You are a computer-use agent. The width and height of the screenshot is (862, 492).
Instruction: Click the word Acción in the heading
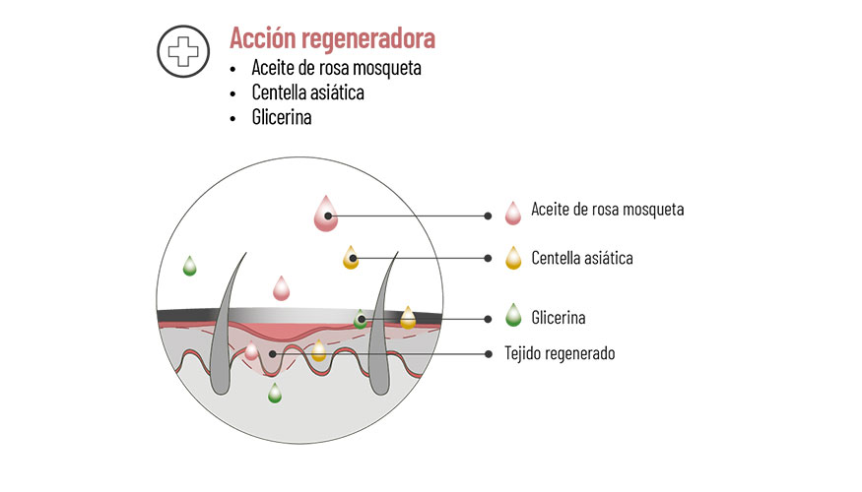coord(261,38)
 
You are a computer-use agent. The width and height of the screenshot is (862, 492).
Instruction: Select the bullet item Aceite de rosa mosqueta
coord(336,69)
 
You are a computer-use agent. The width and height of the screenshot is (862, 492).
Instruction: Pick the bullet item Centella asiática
coord(308,93)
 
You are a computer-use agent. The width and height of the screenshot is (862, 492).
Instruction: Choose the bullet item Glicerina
coord(282,117)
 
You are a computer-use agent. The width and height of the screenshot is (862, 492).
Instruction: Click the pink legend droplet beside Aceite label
coord(511,212)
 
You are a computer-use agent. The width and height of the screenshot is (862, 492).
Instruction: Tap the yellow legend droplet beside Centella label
coord(511,258)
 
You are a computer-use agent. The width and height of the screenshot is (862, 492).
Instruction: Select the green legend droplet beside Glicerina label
coord(511,316)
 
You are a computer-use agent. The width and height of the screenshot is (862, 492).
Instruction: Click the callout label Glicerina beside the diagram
coord(558,318)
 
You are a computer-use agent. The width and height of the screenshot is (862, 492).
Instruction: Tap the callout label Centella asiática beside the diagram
coord(581,259)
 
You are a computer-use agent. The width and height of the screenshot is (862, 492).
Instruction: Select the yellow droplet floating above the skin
coord(351,258)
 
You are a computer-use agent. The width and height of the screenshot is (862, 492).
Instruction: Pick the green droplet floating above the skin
coord(189,266)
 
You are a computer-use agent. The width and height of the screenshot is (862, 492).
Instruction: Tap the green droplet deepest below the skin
coord(275,394)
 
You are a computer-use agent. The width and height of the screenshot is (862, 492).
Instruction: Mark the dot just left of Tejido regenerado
coord(488,352)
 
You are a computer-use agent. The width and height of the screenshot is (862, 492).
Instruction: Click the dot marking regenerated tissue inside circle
coord(272,352)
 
